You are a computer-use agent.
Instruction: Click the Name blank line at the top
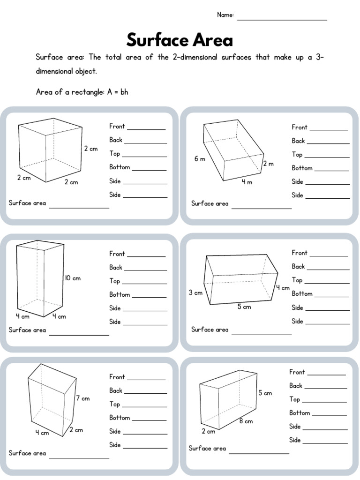(282, 19)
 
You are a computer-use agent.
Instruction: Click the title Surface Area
(180, 40)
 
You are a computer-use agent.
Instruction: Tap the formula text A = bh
(117, 92)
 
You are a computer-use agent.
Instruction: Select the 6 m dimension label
(200, 159)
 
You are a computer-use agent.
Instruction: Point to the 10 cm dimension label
(73, 278)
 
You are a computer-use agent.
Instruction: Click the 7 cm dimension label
(82, 398)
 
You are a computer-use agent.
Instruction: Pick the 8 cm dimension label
(246, 421)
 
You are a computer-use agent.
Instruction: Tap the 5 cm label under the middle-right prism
(244, 307)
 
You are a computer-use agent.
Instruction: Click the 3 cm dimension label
(195, 292)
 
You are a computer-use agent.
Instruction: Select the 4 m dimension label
(247, 182)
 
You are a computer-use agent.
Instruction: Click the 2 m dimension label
(268, 164)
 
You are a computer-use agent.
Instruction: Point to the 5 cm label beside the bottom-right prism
(265, 393)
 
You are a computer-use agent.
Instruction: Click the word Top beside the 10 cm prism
(115, 281)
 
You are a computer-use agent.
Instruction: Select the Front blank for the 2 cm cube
(146, 128)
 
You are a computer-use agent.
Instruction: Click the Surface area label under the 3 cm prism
(210, 330)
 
